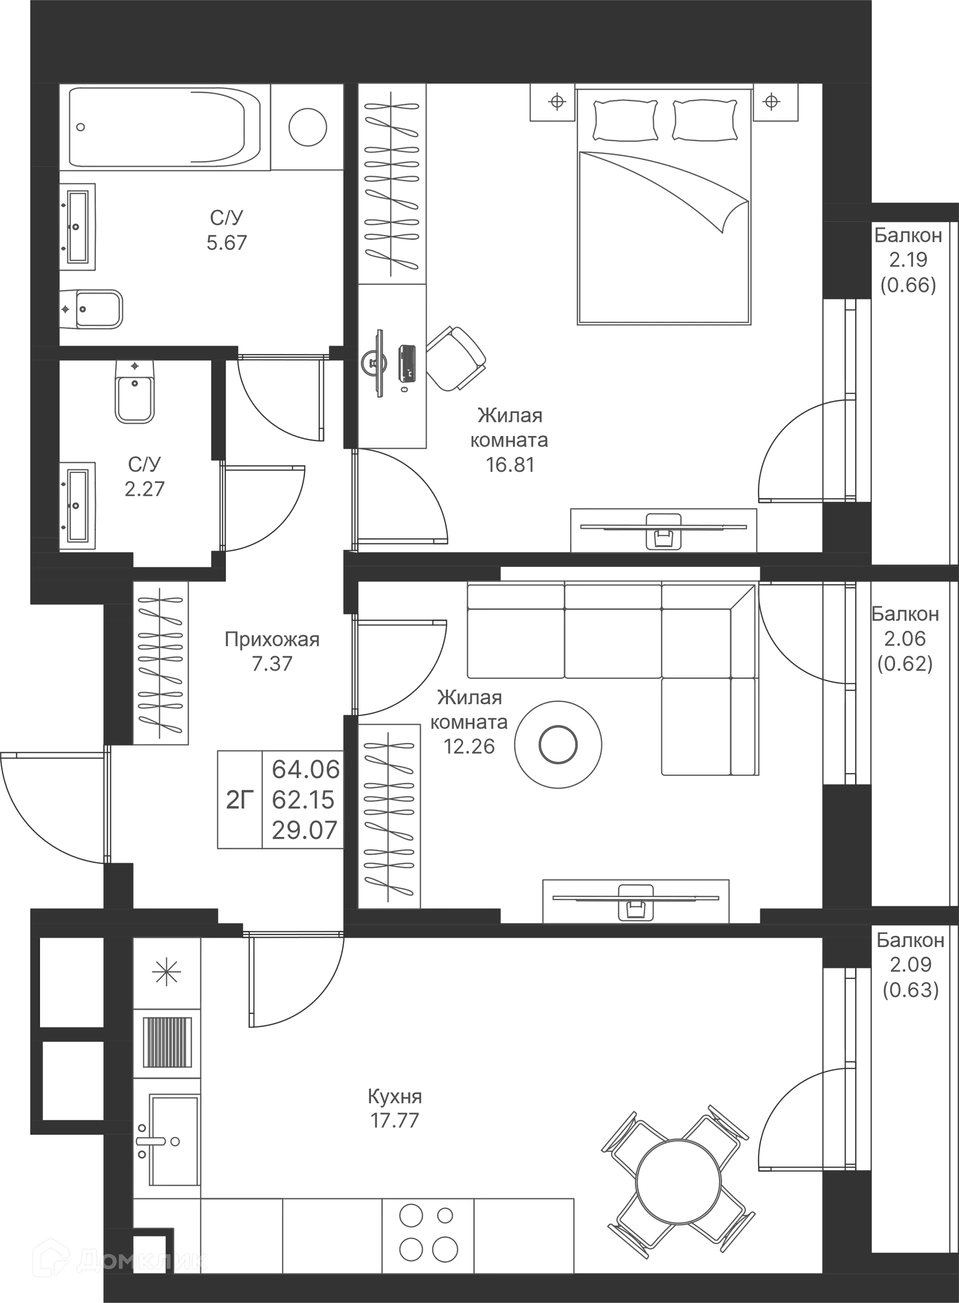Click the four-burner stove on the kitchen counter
(x=427, y=1232)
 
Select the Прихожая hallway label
(x=272, y=640)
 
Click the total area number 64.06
(x=305, y=770)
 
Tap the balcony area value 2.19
(x=909, y=259)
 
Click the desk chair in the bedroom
(x=456, y=359)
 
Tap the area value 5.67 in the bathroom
(x=226, y=240)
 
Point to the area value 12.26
(x=470, y=746)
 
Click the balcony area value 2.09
(x=910, y=964)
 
